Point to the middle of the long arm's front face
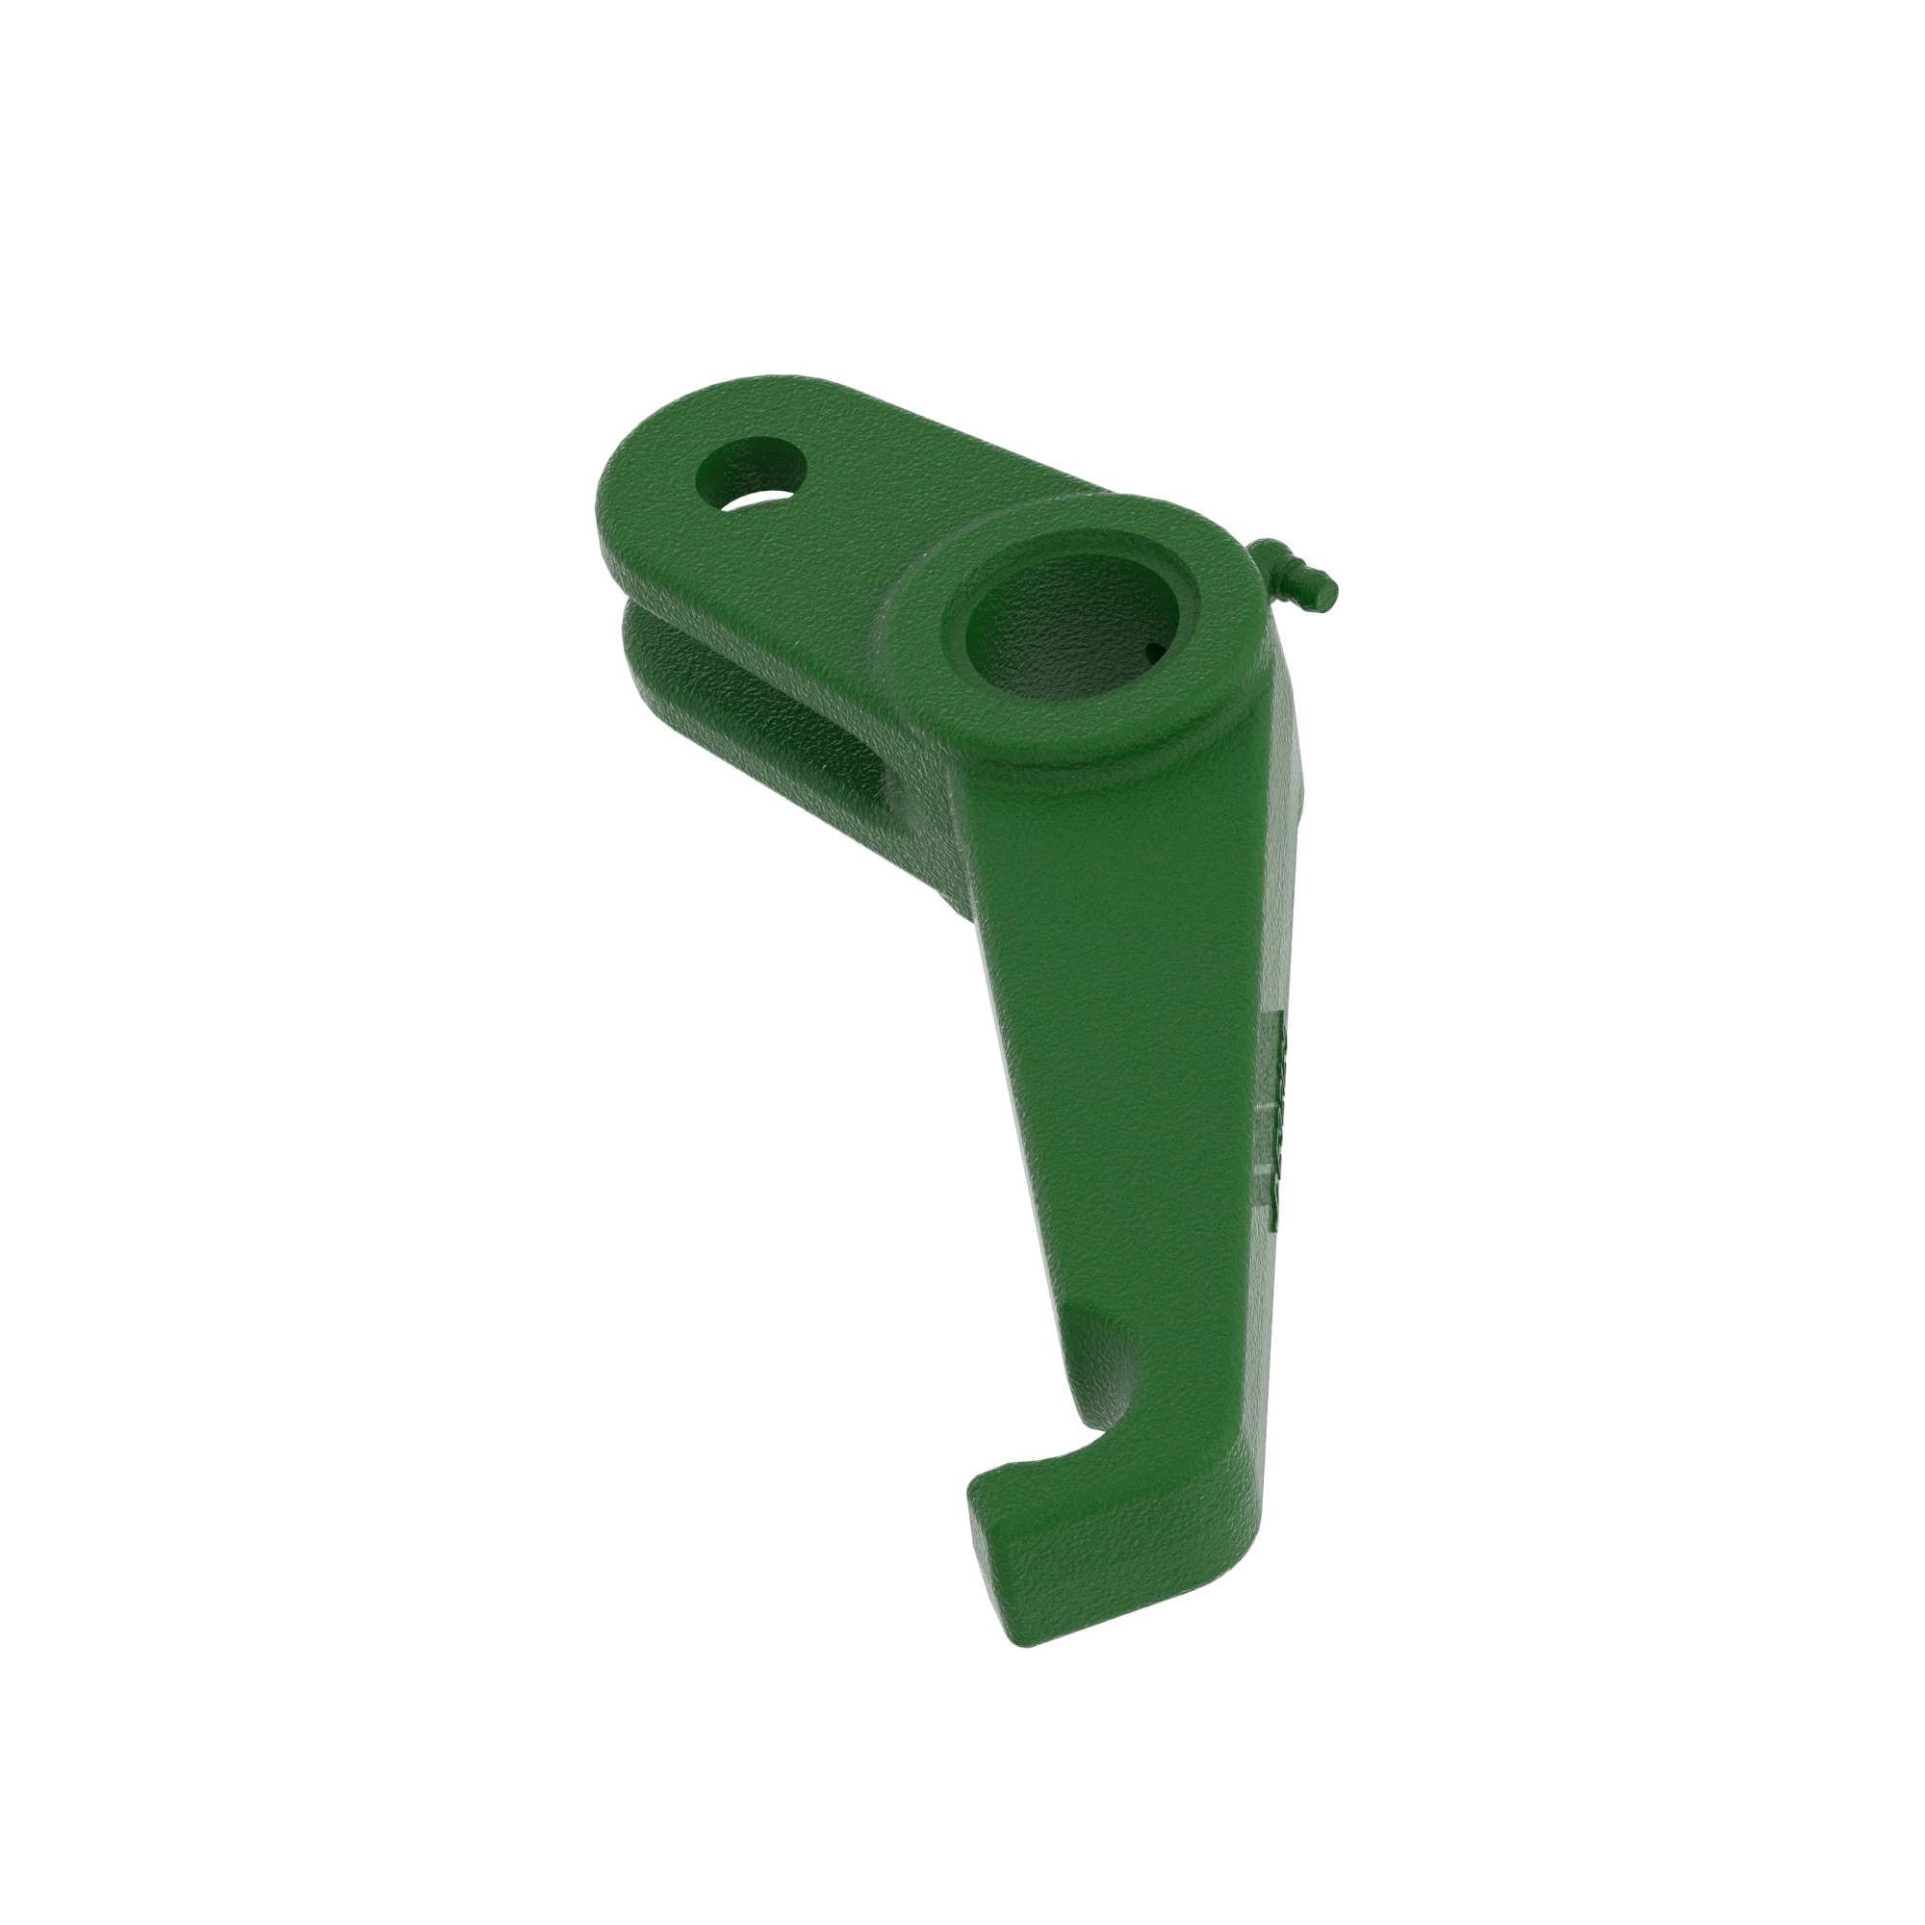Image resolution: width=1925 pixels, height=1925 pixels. point(1116,1046)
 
